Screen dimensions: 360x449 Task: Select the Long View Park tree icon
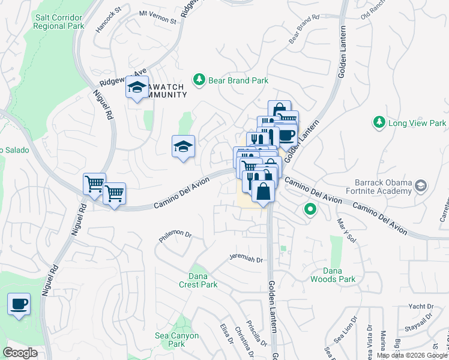pyautogui.click(x=379, y=123)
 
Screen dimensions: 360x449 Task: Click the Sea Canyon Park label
pyautogui.click(x=176, y=340)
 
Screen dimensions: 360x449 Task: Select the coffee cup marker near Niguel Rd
pyautogui.click(x=19, y=304)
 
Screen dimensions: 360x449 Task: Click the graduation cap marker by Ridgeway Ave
pyautogui.click(x=137, y=89)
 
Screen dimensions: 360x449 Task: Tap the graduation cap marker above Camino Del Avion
pyautogui.click(x=184, y=146)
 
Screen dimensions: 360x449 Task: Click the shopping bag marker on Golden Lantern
pyautogui.click(x=263, y=192)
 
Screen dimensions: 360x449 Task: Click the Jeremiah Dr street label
pyautogui.click(x=246, y=259)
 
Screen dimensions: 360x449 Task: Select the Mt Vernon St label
pyautogui.click(x=158, y=16)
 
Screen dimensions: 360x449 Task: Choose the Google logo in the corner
pyautogui.click(x=20, y=353)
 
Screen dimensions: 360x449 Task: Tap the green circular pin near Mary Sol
pyautogui.click(x=310, y=210)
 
